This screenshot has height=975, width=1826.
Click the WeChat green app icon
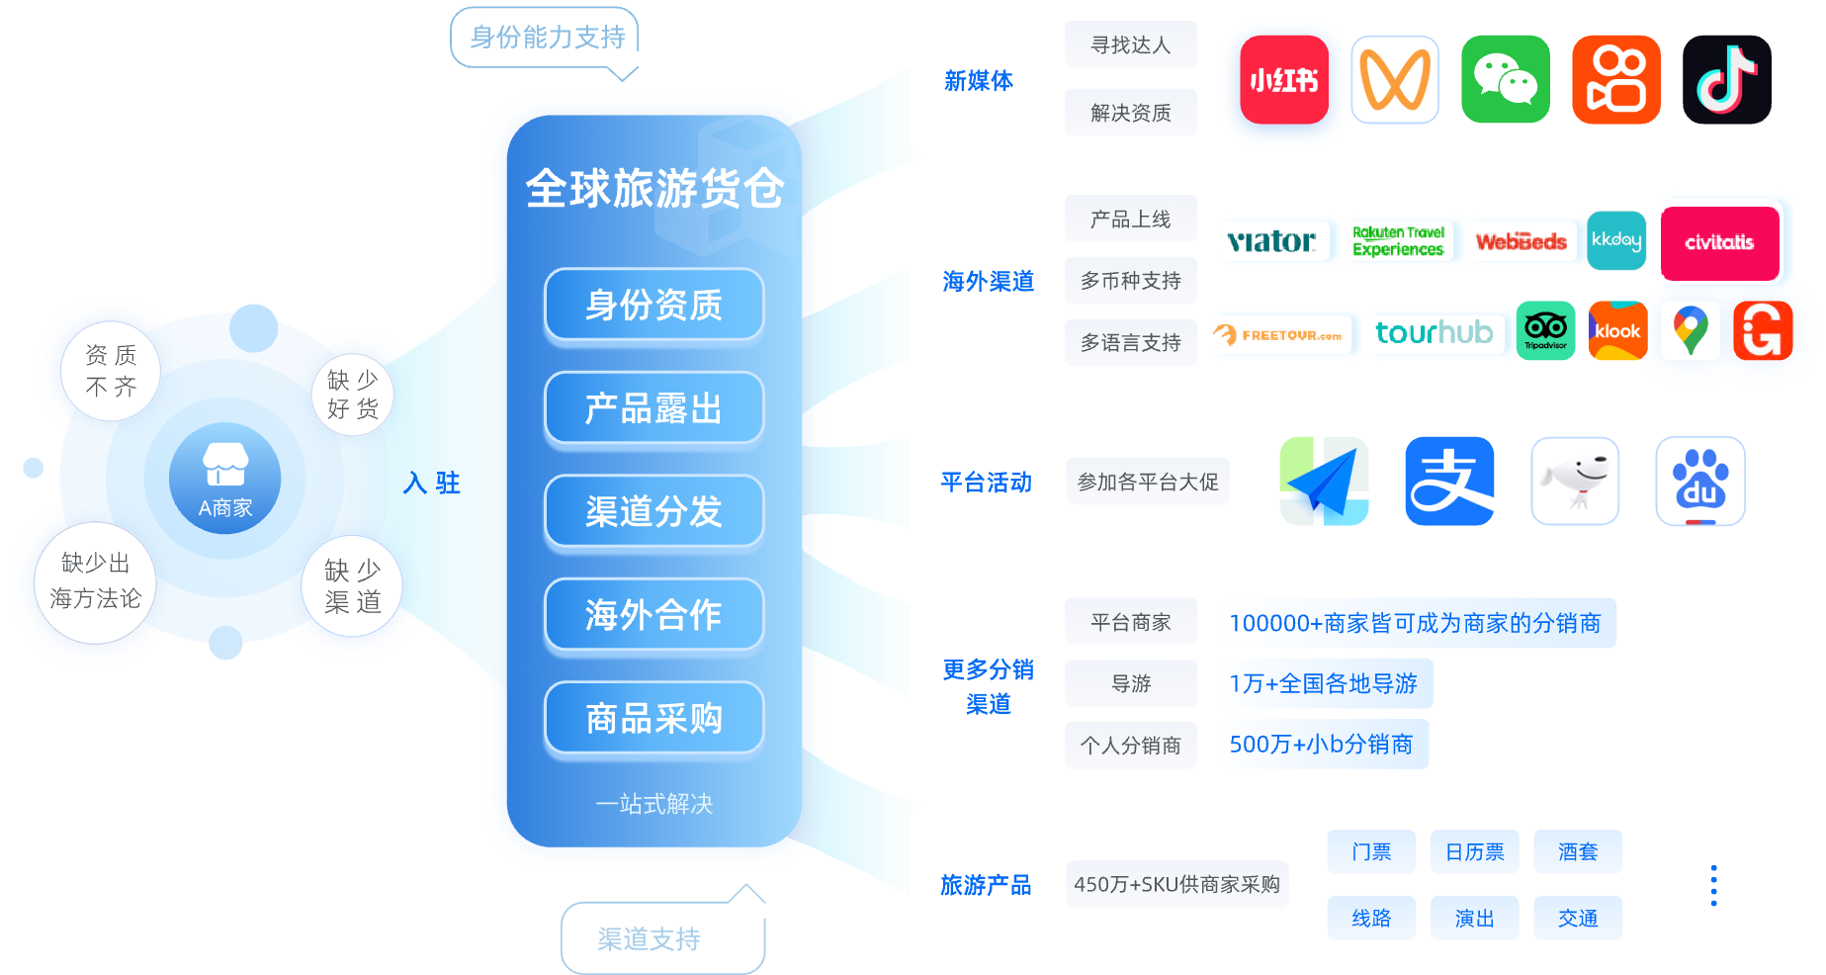1505,79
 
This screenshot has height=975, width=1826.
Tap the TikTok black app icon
1726,79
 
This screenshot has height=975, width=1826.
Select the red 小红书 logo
1283,79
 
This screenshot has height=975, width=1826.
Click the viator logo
1271,241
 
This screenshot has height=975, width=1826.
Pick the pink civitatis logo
1719,242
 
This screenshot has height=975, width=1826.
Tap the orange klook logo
1617,330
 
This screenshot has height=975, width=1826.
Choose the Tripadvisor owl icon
1545,330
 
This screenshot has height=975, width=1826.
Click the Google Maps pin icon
1691,330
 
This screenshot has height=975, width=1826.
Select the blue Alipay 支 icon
1449,481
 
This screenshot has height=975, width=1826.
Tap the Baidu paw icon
1699,481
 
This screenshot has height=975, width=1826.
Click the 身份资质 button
653,305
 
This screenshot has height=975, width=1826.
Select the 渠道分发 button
653,511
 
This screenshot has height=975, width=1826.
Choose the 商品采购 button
653,718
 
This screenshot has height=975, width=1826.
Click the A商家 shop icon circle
224,479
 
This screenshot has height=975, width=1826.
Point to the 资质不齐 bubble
111,371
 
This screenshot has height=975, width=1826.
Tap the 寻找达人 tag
1130,45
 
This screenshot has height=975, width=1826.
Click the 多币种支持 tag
1130,281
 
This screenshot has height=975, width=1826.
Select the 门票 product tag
1371,851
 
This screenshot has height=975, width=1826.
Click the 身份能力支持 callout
546,38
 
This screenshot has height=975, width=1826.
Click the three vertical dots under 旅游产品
1713,885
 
